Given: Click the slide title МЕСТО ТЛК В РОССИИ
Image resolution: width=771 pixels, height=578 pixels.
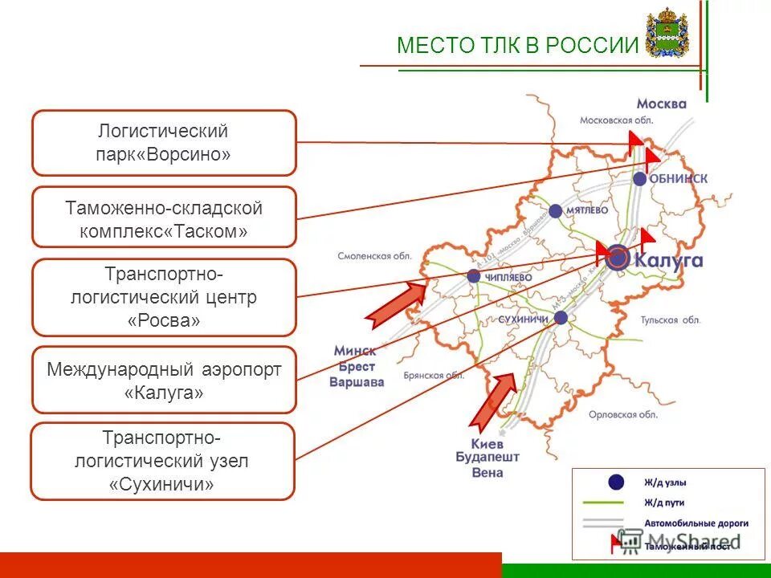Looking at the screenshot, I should pyautogui.click(x=516, y=45).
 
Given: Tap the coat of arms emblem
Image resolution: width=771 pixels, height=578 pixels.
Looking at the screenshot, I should pyautogui.click(x=667, y=33).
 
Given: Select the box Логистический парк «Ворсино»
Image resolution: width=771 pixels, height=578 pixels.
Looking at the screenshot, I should pyautogui.click(x=164, y=143).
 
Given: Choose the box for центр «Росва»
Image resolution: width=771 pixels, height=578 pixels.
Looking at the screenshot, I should pyautogui.click(x=164, y=297).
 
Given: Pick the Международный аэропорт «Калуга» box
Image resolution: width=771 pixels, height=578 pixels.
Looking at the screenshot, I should pyautogui.click(x=164, y=381).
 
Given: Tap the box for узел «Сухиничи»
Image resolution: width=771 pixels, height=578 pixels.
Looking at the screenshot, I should pyautogui.click(x=163, y=462).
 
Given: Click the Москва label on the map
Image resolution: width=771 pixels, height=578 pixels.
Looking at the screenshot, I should pyautogui.click(x=661, y=104).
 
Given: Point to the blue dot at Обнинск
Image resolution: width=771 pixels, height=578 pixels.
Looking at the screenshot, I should pyautogui.click(x=639, y=179).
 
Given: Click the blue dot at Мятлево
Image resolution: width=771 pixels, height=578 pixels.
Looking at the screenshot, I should pyautogui.click(x=556, y=211).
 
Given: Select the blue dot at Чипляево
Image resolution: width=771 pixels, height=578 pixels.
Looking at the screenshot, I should pyautogui.click(x=474, y=276).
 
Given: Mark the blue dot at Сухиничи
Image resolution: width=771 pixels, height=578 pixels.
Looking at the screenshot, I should pyautogui.click(x=561, y=318).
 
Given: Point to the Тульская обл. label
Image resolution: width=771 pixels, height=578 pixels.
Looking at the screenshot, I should pyautogui.click(x=671, y=320).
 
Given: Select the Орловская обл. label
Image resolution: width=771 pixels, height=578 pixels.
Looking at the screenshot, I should pyautogui.click(x=622, y=414).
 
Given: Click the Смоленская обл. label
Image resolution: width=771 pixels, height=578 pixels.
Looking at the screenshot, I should pyautogui.click(x=373, y=257).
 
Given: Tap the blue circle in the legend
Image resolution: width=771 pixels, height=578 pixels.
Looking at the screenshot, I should pyautogui.click(x=616, y=482).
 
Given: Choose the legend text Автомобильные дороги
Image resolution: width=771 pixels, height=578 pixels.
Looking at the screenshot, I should pyautogui.click(x=696, y=523).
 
